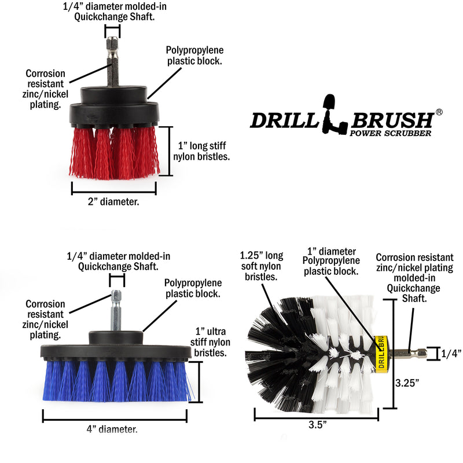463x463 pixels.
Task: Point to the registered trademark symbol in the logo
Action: (439, 112)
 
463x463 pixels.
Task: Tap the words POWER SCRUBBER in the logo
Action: (390, 133)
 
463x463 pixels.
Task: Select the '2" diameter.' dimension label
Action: (113, 202)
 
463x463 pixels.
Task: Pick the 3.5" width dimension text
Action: (317, 424)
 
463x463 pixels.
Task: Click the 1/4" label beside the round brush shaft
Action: (451, 353)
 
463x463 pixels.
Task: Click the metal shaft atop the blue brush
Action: (116, 310)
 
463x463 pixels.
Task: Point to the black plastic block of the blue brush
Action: (116, 348)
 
